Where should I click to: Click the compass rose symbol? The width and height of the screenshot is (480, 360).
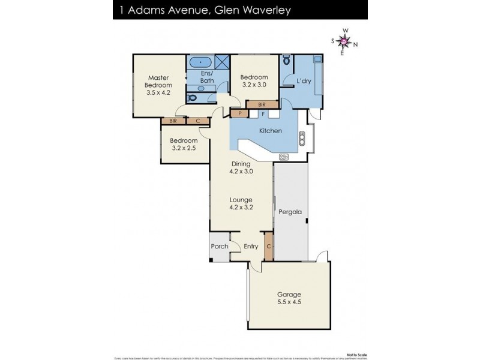(x=344, y=41)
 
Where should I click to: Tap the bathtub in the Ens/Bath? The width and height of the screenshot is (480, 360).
(x=199, y=62)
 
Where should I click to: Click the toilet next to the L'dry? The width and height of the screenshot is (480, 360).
(x=287, y=61)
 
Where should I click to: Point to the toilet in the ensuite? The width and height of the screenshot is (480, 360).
(x=191, y=97)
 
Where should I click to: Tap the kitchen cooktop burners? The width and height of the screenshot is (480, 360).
(x=284, y=157)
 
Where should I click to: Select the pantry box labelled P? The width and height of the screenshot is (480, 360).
(x=240, y=113)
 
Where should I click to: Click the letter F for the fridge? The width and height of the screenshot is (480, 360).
(x=263, y=113)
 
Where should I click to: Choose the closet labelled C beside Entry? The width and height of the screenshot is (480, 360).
(x=269, y=247)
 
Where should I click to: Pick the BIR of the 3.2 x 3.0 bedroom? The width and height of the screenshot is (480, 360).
(x=261, y=104)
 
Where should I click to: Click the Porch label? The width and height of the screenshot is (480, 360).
(x=220, y=247)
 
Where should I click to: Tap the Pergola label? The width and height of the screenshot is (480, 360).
(x=289, y=212)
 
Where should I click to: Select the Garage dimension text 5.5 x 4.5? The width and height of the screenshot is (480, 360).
(x=289, y=302)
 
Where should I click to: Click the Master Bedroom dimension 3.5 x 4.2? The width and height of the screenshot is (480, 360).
(x=158, y=93)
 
